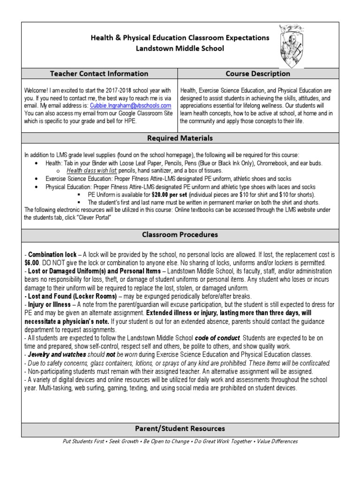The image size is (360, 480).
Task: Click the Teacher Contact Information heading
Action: tap(99, 74)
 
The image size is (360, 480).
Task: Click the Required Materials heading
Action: tap(180, 138)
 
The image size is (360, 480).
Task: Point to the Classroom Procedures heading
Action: tap(180, 234)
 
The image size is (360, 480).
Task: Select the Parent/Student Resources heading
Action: tap(180, 428)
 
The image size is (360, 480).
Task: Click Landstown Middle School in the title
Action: tap(180, 48)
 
